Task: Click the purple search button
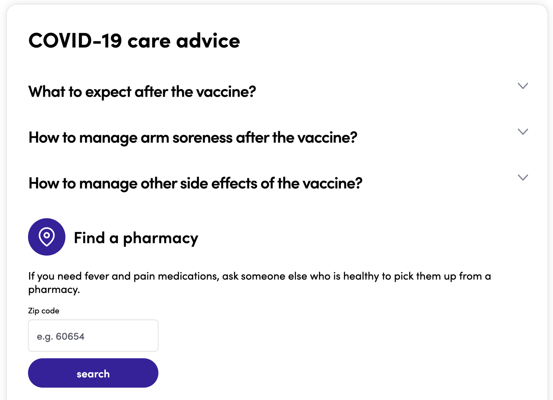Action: coord(93,373)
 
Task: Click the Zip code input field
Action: coord(93,336)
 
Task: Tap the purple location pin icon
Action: coord(47,237)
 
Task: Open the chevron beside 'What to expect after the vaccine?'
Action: coord(523,86)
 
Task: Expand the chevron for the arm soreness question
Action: coord(523,132)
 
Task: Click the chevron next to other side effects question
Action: coord(523,178)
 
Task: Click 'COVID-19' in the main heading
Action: coord(75,41)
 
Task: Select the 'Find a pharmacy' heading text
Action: coord(136,238)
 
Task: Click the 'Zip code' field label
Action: coord(44,311)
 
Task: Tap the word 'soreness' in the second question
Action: coord(203,138)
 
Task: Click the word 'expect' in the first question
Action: coord(108,92)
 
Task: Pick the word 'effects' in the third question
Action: coord(234,183)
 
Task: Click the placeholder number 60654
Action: coord(70,336)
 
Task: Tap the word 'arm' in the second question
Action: coord(155,138)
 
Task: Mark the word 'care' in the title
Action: coord(149,42)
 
